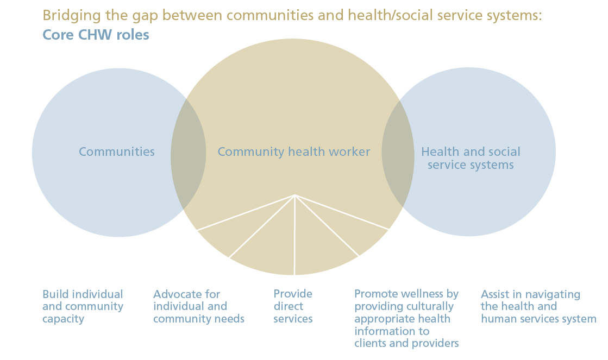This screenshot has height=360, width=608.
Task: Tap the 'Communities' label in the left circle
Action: point(117,152)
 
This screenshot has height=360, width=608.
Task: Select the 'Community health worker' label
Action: point(294,152)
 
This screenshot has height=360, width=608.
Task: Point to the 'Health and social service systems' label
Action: point(471,158)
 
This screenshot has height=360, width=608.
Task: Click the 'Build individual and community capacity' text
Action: point(83,306)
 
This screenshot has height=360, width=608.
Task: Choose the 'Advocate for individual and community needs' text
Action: point(198,306)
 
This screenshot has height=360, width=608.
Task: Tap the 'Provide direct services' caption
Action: point(293,306)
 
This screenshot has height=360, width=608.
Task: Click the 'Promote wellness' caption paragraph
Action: point(406,318)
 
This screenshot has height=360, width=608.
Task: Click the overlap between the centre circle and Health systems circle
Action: point(397,153)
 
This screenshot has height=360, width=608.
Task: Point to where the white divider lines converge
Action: point(295,195)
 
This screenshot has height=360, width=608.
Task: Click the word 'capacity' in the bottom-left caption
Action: point(63,319)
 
